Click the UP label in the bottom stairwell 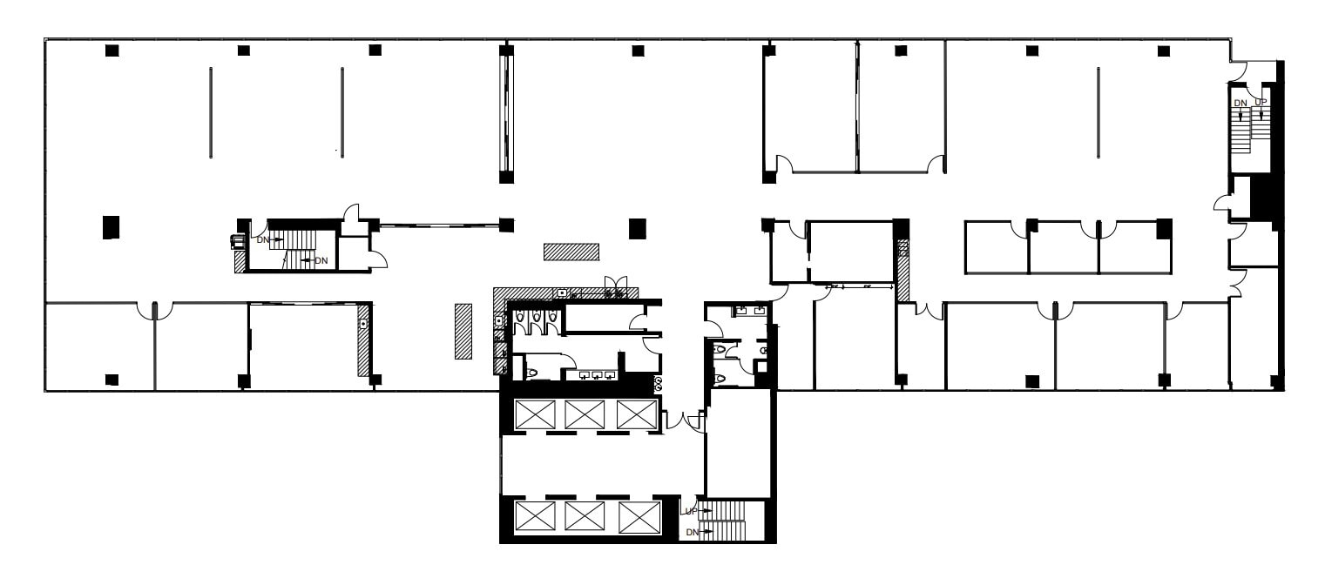690,510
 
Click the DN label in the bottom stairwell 692,531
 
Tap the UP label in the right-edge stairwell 1261,103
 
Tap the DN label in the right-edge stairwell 1240,103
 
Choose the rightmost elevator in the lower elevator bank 633,517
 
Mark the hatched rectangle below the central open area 571,252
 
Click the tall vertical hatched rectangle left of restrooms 463,331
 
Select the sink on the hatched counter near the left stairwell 362,324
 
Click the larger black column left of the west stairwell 111,227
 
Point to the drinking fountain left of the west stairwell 234,241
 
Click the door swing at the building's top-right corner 1242,72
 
